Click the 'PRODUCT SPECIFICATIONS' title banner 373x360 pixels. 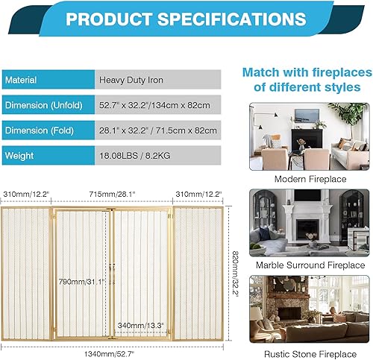[186, 18]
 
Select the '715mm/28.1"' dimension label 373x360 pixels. [110, 194]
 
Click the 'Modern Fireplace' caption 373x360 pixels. [310, 179]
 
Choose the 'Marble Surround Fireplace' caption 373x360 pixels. [310, 265]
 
